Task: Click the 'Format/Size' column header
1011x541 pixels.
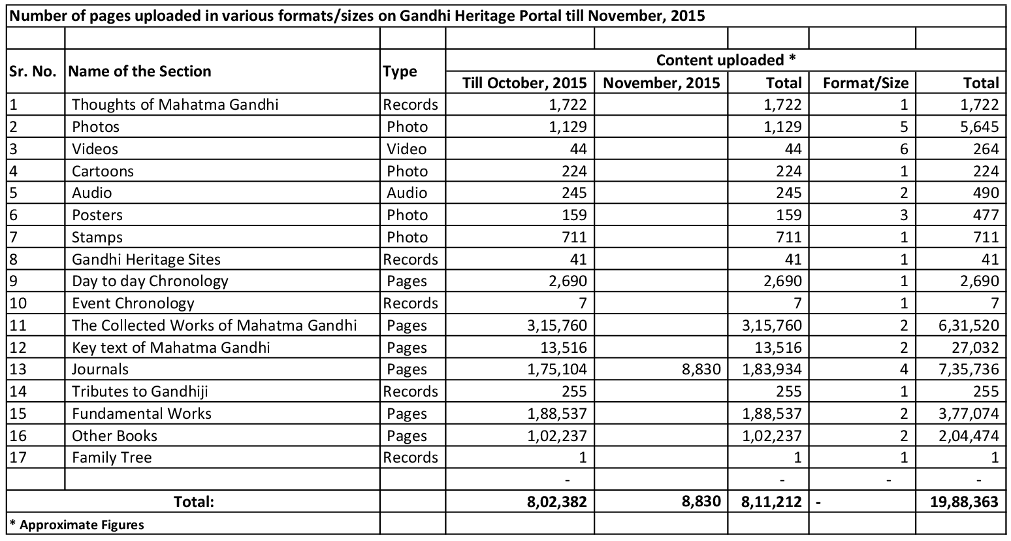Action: tap(865, 83)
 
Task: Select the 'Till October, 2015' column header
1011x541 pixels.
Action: tap(524, 83)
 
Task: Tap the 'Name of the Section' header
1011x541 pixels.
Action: tap(140, 71)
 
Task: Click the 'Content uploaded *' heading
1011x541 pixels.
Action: tap(726, 60)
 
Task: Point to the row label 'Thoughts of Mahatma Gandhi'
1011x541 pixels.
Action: tap(175, 105)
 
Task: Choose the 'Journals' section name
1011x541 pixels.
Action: tap(100, 369)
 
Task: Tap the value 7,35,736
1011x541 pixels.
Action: tap(969, 369)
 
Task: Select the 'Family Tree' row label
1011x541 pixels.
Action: tap(112, 457)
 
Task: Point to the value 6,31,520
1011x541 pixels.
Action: tap(969, 325)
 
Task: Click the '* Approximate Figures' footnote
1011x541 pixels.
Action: tap(76, 525)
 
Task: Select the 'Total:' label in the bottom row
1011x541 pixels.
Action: tap(193, 502)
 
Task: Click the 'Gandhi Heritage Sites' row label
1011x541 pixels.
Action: tap(146, 259)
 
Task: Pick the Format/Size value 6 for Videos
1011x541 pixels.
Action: tap(904, 149)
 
